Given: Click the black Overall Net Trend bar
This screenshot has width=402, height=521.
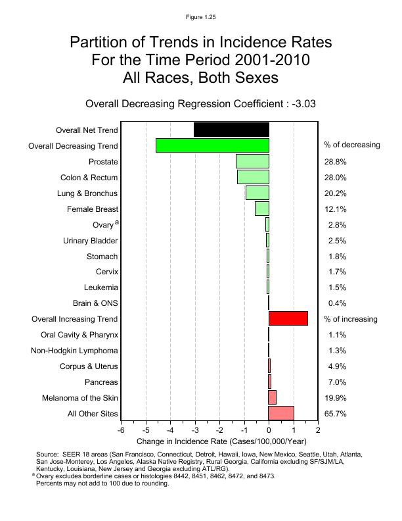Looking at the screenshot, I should coord(231,130).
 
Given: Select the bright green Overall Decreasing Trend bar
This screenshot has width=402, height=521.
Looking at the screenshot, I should coord(212,145).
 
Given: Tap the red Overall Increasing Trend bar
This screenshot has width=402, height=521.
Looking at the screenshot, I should coord(288,319).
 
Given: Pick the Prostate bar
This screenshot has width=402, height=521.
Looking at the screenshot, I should coord(252,161).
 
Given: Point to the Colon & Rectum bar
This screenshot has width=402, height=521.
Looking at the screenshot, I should coord(253,177).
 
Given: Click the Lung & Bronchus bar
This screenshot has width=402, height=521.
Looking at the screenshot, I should coord(257,193).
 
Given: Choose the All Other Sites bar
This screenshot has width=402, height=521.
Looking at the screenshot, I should coord(281,414).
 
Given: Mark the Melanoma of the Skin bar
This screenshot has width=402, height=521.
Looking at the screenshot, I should coord(273,398).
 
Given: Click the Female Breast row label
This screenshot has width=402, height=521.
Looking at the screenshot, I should coord(93,209).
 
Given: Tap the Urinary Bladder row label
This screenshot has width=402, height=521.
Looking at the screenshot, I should coord(91,241).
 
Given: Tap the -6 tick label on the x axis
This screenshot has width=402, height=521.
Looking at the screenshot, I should coord(121,431).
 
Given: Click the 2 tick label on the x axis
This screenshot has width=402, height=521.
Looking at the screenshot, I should coord(318,431).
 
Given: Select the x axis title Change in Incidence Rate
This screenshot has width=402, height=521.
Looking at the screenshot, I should coord(221,441).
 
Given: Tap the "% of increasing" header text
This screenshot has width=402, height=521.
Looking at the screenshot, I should coord(351,320).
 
